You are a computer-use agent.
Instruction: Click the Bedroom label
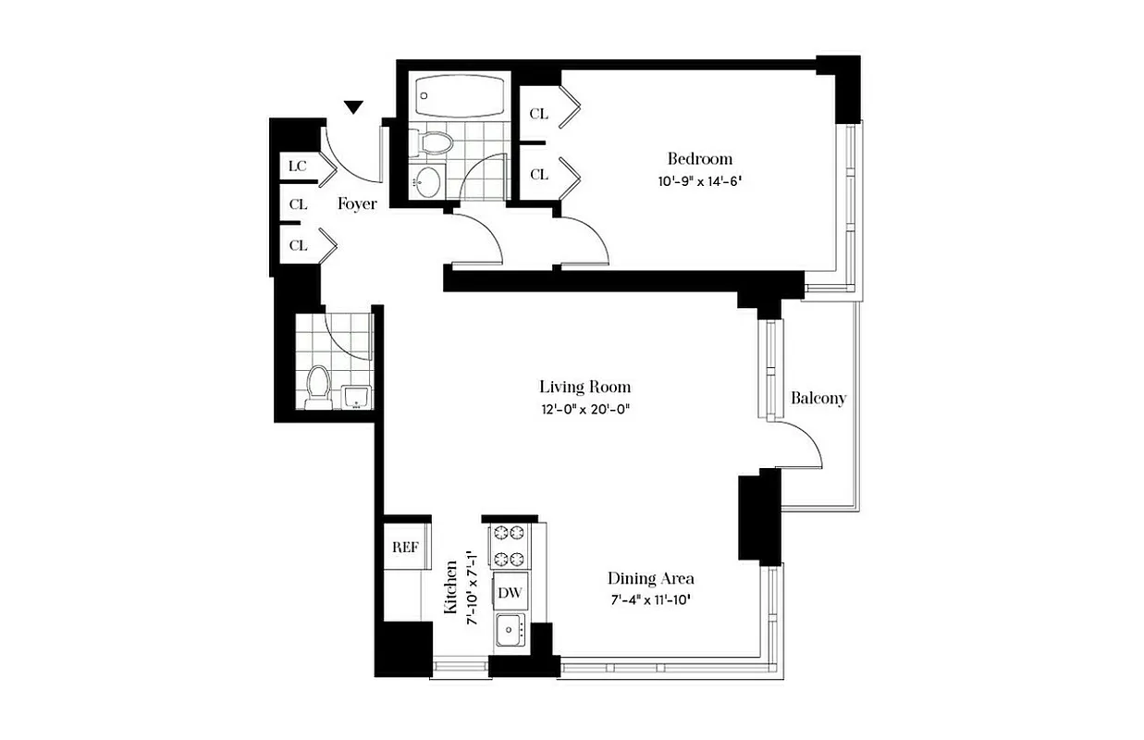pos(699,158)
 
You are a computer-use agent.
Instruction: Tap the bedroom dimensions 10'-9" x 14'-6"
pos(700,182)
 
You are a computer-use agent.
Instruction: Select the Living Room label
pos(584,387)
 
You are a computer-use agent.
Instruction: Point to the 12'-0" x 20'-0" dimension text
pos(584,410)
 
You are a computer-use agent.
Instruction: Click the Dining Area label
pos(650,578)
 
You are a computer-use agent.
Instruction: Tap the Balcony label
pos(818,399)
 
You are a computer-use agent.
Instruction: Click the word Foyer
pos(356,203)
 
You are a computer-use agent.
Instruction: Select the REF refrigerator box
pos(406,547)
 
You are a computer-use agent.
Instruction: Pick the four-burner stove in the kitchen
pos(508,546)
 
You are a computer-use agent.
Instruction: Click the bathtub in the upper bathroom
pos(460,94)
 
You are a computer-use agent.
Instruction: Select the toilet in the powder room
pos(318,386)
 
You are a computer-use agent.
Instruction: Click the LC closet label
pos(297,166)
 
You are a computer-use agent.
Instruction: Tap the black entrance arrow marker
pos(353,108)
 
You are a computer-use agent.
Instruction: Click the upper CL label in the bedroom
pos(538,114)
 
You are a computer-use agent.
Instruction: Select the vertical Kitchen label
pos(451,587)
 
